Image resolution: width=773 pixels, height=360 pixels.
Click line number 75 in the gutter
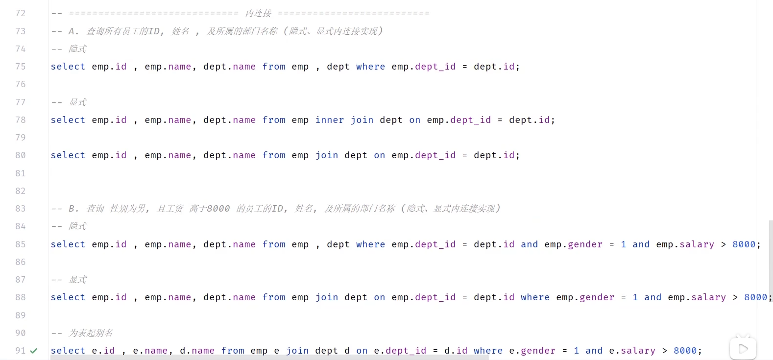pos(21,67)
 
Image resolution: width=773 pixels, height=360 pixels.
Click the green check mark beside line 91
pos(34,351)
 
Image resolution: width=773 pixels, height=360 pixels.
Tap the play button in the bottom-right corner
pos(743,348)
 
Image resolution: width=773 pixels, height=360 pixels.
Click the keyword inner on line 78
pos(330,120)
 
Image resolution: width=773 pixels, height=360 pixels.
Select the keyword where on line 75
pos(370,67)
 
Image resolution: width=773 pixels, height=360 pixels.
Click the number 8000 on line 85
pos(744,244)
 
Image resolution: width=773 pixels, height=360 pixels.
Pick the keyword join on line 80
pos(327,155)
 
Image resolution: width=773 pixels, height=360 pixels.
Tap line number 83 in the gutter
pos(21,209)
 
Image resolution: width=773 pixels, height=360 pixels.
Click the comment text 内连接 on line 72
pos(258,13)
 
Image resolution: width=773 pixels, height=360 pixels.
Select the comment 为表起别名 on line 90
pos(91,333)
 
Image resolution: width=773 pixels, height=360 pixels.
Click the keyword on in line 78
pos(414,120)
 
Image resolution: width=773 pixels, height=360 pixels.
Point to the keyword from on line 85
pos(274,244)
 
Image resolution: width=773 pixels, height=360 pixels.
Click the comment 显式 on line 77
pos(77,102)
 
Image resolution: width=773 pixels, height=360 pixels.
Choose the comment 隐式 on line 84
pos(77,226)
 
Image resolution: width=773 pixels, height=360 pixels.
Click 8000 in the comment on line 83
pos(218,209)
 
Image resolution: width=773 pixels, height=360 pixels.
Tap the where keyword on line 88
pos(535,297)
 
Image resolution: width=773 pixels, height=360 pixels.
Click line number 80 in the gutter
pos(21,155)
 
